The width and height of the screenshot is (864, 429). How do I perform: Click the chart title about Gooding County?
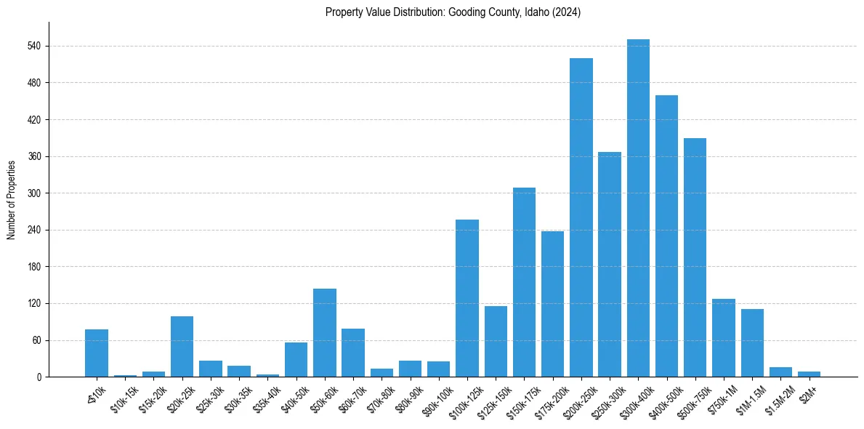point(453,12)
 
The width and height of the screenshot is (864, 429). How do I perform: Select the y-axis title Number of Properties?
point(12,199)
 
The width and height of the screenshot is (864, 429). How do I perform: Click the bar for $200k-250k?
point(581,217)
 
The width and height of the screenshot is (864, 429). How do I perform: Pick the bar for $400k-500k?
point(666,236)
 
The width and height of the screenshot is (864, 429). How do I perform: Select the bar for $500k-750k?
point(695,257)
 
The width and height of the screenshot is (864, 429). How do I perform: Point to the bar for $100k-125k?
point(467,298)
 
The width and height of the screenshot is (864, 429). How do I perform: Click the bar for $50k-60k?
point(325,332)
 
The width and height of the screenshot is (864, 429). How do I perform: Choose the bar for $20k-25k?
point(182,346)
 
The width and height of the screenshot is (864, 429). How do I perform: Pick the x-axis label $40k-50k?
point(295,396)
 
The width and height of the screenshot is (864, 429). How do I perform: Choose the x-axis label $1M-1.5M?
point(750,396)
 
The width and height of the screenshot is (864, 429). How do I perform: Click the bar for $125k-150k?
point(496,341)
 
